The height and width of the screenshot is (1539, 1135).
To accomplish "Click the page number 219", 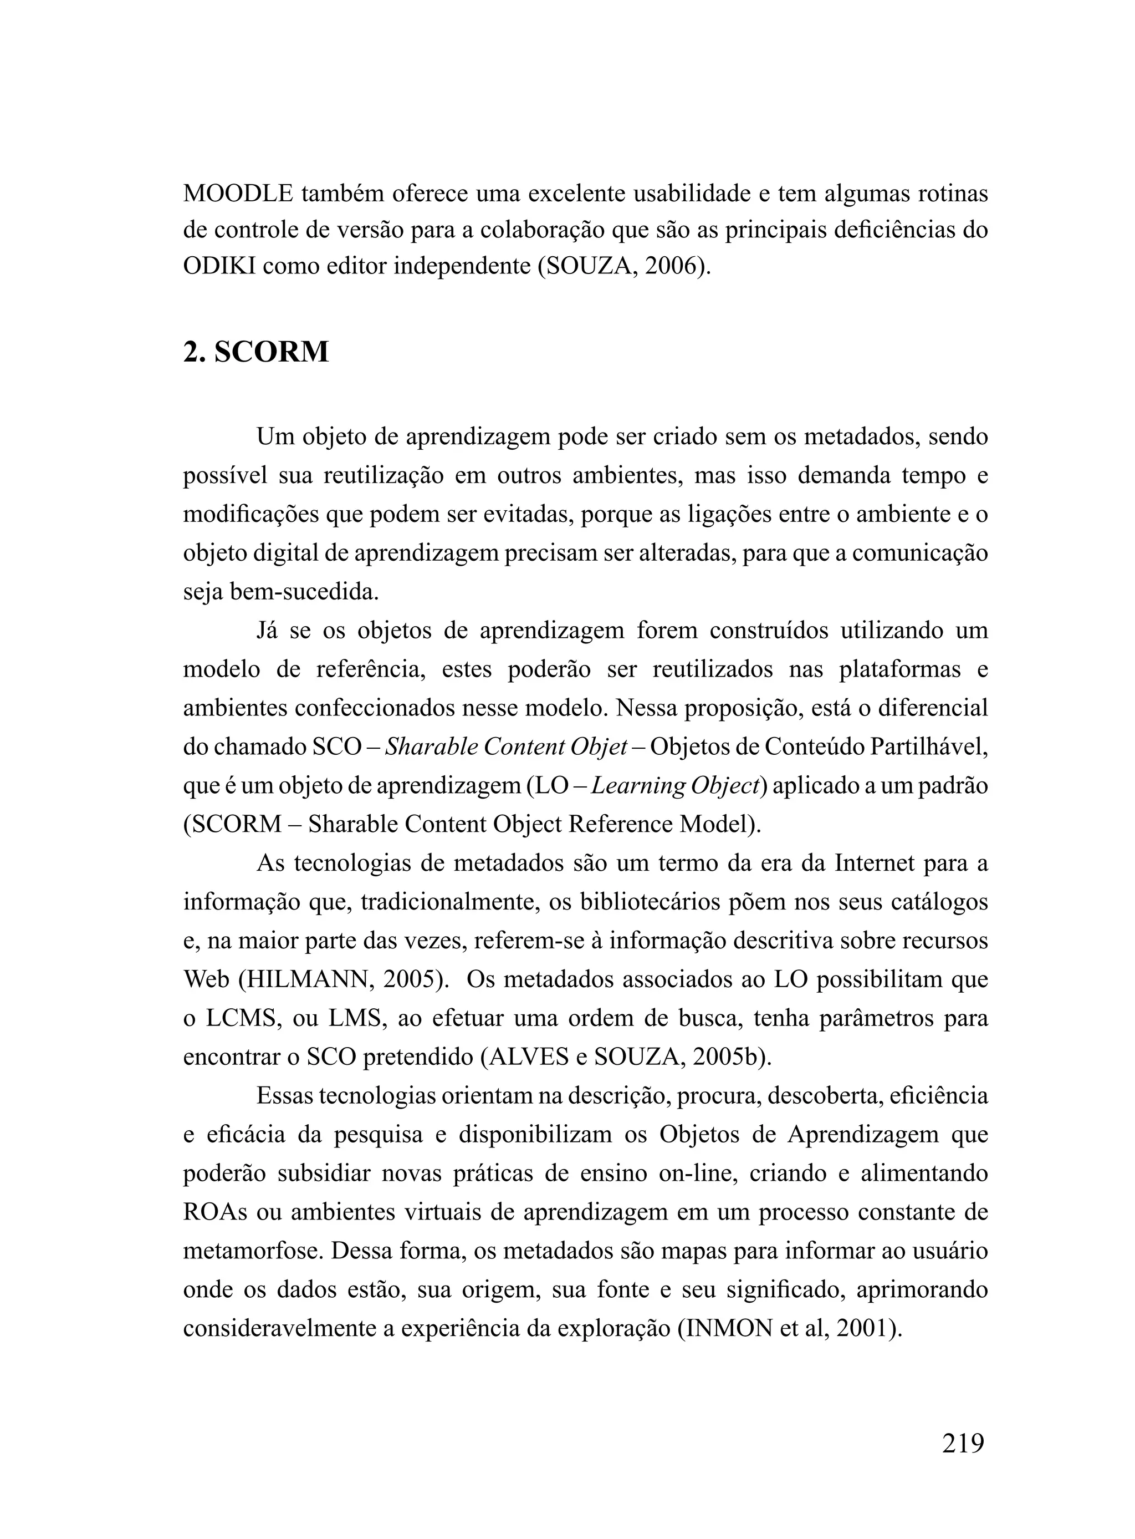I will point(963,1443).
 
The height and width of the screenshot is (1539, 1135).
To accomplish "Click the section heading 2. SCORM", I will point(255,352).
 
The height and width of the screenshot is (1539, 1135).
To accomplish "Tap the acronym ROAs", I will point(215,1211).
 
